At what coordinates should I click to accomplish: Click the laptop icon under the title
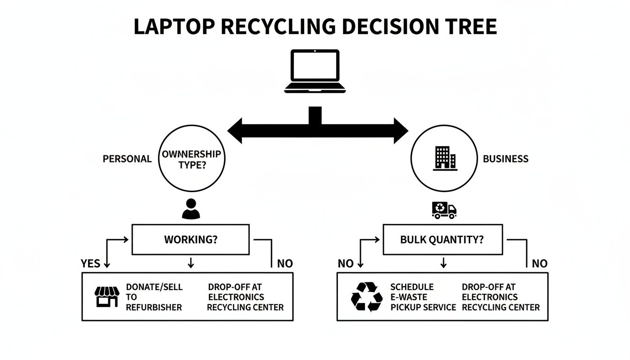coord(315,71)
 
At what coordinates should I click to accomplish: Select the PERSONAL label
coord(127,159)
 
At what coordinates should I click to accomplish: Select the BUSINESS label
coord(505,159)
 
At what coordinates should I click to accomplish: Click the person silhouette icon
coord(190,209)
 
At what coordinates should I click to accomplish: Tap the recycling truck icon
coord(443,210)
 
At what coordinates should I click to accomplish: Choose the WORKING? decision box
coord(190,240)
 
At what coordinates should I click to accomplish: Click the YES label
coord(90,263)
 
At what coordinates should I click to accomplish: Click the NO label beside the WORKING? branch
coord(285,263)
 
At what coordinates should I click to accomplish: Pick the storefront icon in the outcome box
coord(107,297)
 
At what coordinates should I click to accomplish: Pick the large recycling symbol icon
coord(366,297)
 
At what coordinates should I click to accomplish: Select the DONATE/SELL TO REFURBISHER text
coord(154,297)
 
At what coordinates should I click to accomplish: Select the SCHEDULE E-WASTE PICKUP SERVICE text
coord(423,297)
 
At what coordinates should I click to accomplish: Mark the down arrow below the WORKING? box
coord(190,263)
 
